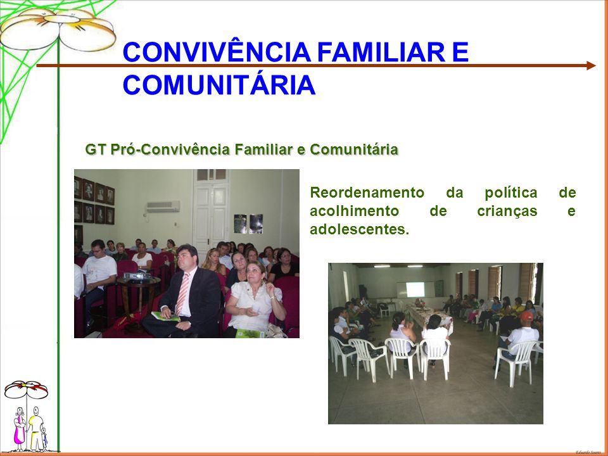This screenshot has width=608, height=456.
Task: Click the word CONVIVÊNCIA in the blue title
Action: [217, 52]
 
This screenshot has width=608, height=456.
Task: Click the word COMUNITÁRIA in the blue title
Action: [219, 85]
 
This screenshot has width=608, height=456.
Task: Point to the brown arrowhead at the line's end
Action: [591, 65]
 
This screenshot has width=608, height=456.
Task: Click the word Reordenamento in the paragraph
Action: [367, 193]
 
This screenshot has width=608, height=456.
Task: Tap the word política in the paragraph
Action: [510, 193]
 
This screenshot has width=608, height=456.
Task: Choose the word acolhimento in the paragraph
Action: [354, 211]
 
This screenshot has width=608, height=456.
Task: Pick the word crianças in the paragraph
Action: [507, 212]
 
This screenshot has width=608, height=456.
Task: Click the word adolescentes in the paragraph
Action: [359, 229]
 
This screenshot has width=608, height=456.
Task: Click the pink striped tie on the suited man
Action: [182, 294]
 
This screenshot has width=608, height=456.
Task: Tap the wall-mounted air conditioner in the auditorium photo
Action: [163, 206]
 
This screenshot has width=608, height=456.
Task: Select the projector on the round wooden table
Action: [136, 275]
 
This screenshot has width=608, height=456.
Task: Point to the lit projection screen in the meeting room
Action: [415, 289]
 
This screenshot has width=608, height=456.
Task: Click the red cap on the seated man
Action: [526, 317]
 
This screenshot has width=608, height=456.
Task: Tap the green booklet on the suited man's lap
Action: [165, 317]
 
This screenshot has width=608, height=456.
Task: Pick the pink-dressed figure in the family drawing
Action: [19, 429]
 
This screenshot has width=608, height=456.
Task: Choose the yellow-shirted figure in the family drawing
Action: [35, 429]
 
